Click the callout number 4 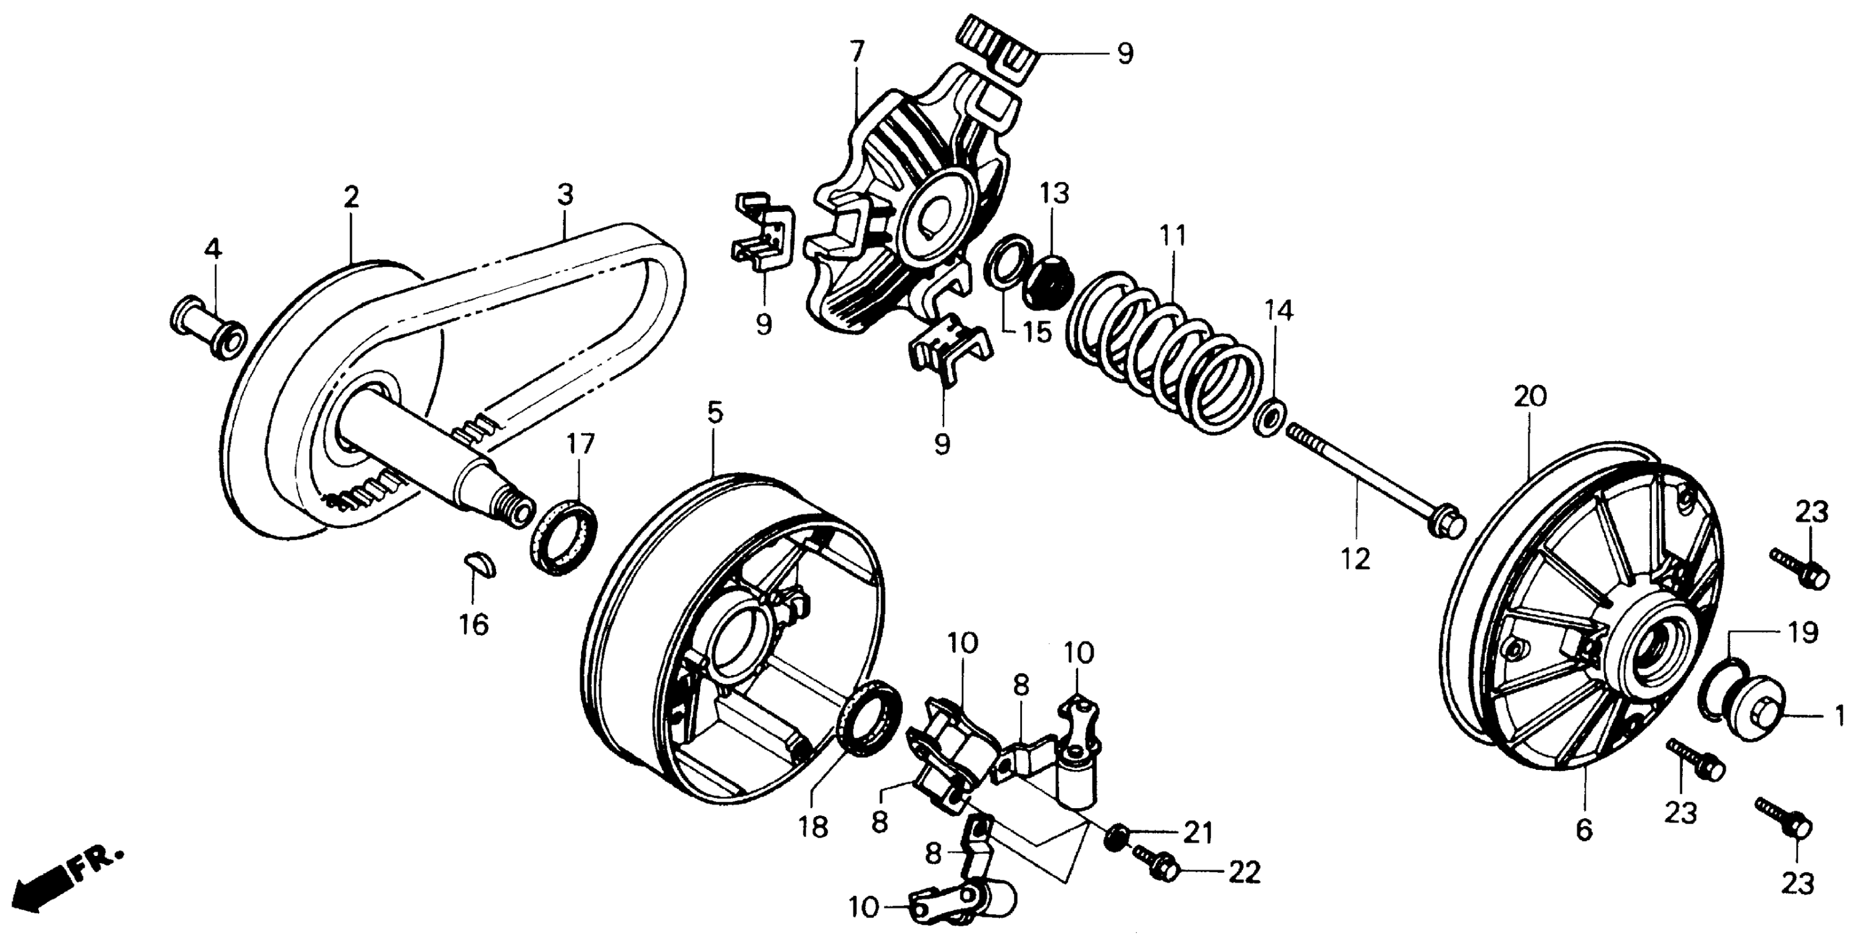(213, 249)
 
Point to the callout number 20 (1530, 396)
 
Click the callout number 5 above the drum (714, 413)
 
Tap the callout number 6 (1584, 830)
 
